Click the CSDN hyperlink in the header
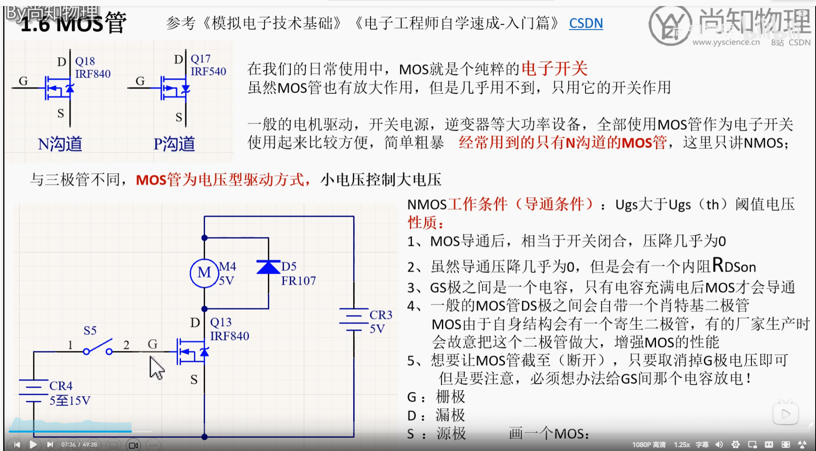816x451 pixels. pyautogui.click(x=586, y=24)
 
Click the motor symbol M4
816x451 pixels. pyautogui.click(x=204, y=273)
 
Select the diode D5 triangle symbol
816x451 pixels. pyautogui.click(x=268, y=267)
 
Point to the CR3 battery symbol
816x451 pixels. pyautogui.click(x=354, y=320)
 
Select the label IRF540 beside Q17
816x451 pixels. pyautogui.click(x=208, y=71)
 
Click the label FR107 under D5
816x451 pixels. pyautogui.click(x=298, y=281)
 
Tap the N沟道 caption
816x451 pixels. pyautogui.click(x=60, y=144)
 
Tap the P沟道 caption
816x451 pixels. pyautogui.click(x=174, y=144)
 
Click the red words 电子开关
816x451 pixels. pyautogui.click(x=555, y=69)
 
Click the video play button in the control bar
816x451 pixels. pyautogui.click(x=33, y=444)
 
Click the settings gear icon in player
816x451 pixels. pyautogui.click(x=735, y=444)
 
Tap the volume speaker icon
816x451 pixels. pyautogui.click(x=719, y=444)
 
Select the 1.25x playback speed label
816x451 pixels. pyautogui.click(x=682, y=445)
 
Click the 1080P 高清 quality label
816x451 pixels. pyautogui.click(x=649, y=445)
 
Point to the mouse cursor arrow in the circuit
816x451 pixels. pyautogui.click(x=156, y=367)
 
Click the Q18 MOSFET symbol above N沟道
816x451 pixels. pyautogui.click(x=59, y=88)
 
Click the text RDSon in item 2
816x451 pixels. pyautogui.click(x=734, y=266)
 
